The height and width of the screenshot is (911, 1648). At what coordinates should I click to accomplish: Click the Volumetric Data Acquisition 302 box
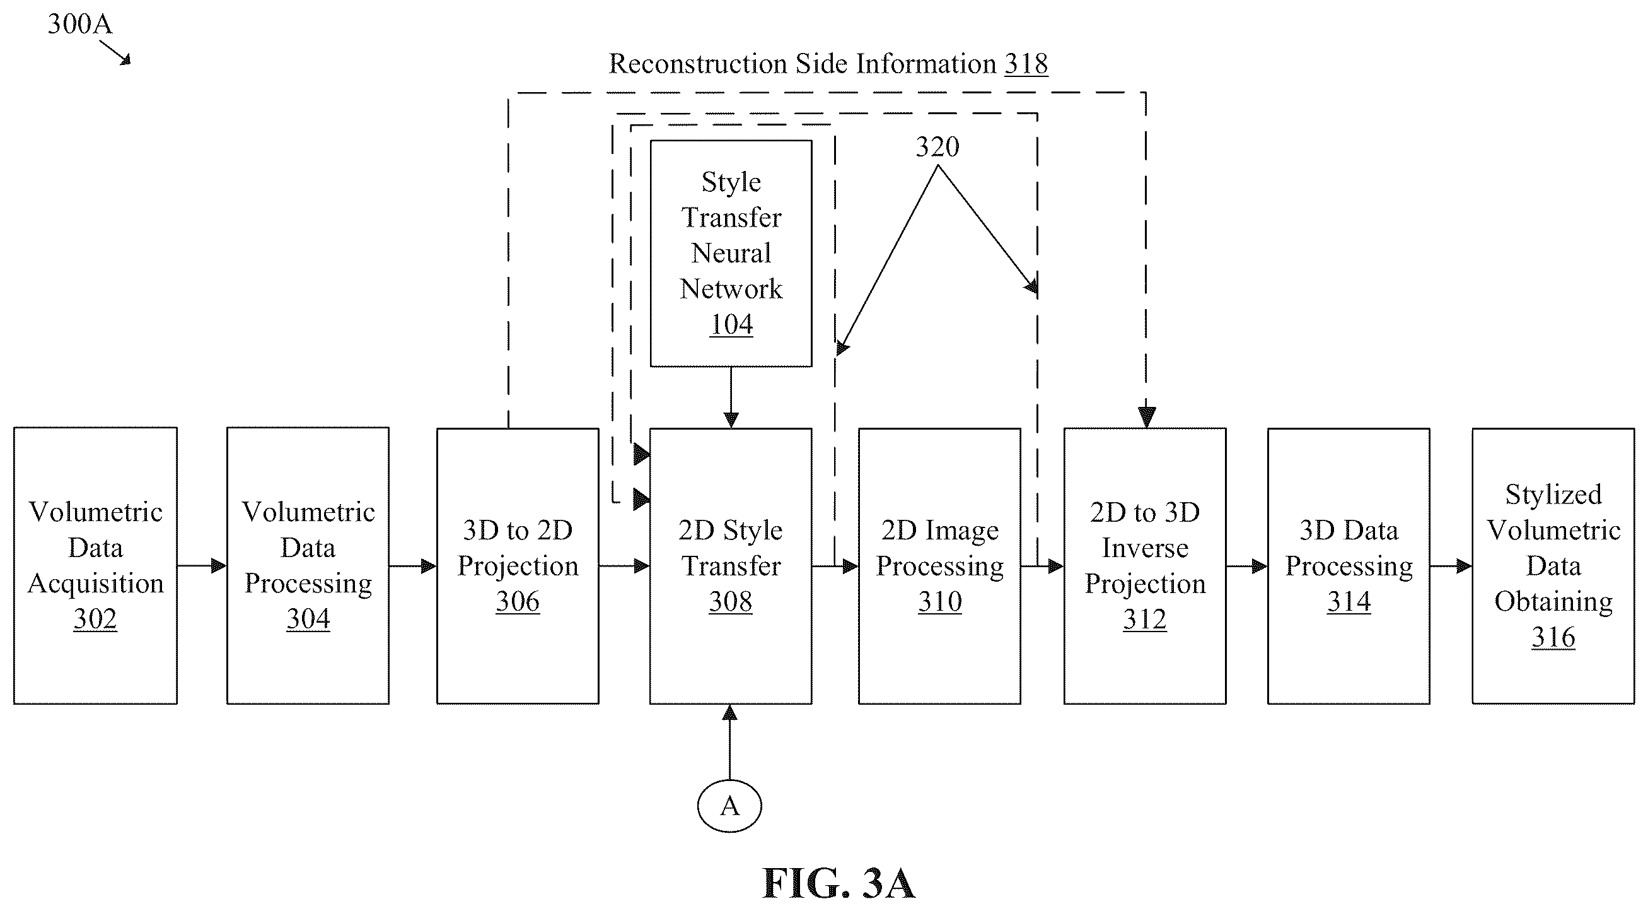point(95,566)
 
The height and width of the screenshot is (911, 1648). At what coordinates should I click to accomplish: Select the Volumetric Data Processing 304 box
point(308,566)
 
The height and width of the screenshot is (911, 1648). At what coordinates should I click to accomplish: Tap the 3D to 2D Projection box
point(518,566)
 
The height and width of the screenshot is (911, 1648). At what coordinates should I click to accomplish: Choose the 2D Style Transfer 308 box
point(731,566)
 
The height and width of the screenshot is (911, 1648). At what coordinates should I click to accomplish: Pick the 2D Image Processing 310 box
point(939,566)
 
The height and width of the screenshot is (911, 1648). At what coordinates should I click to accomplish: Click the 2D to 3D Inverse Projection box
point(1144,566)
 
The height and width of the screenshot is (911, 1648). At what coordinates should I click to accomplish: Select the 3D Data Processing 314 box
point(1349,566)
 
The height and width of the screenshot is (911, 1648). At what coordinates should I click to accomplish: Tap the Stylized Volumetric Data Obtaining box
point(1553,566)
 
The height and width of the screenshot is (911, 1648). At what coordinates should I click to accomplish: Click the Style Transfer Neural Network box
point(731,254)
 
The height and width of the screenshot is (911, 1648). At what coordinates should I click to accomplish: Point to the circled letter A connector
point(729,806)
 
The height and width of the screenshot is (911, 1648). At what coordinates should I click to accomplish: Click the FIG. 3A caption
point(838,883)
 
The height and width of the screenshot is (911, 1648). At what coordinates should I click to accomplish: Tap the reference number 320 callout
point(937,147)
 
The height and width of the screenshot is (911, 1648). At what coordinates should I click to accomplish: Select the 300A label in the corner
point(80,24)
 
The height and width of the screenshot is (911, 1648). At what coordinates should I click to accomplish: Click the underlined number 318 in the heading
point(1026,63)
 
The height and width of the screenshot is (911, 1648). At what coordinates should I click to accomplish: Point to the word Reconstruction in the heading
point(697,63)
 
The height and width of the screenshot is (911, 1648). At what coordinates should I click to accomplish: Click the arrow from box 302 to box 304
point(202,565)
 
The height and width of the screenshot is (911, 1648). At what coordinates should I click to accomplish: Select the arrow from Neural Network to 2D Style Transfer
point(731,397)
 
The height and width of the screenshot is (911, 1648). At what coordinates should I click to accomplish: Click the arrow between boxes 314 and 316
point(1451,566)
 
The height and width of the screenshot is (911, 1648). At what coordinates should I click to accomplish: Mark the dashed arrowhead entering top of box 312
point(1146,417)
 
